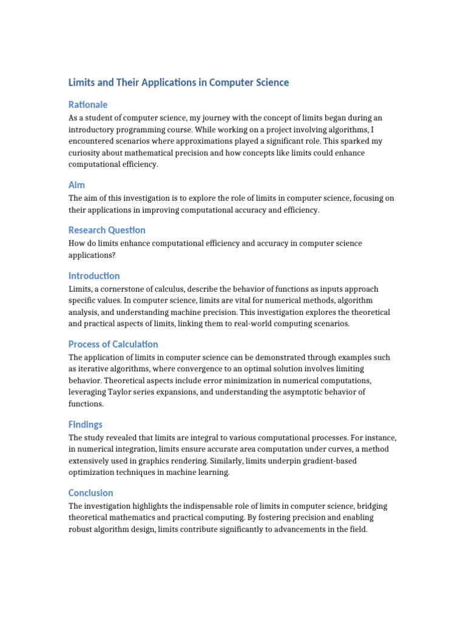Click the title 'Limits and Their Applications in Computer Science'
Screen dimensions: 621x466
(x=178, y=82)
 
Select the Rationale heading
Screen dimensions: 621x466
(x=88, y=104)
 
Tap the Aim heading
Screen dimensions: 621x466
(x=77, y=184)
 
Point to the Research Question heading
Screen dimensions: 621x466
(x=107, y=230)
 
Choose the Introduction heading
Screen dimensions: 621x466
(x=94, y=276)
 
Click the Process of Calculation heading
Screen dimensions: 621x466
(x=113, y=344)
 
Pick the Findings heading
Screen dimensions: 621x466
(x=86, y=425)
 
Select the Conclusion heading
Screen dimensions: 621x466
(x=91, y=493)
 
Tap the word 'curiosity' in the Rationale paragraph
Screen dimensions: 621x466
(x=85, y=153)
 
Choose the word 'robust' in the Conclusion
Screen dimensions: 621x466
(x=81, y=529)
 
